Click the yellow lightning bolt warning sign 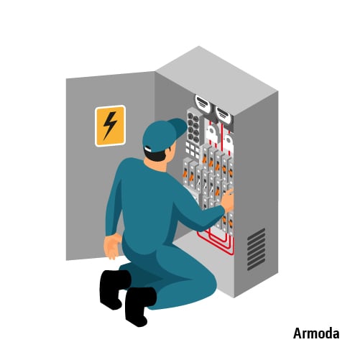point(110,126)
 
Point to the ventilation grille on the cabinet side point(257,249)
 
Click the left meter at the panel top point(202,103)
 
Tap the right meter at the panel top point(224,114)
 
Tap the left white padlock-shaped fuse point(211,134)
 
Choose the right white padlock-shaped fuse point(229,143)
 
